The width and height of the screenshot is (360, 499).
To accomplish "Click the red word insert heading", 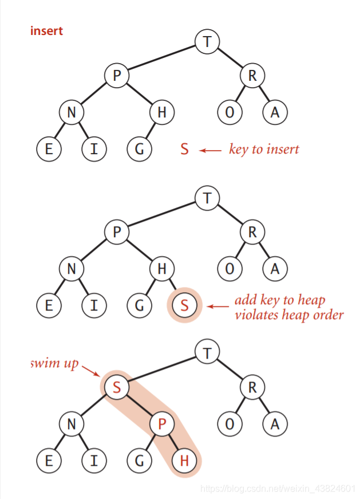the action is click(x=46, y=30).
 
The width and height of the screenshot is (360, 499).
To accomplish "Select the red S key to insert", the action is click(x=184, y=150).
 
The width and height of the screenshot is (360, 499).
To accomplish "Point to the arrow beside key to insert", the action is click(x=210, y=150).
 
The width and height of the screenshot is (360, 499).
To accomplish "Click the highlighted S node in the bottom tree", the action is click(x=117, y=387).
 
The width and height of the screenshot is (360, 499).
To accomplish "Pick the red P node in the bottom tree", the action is click(x=162, y=424).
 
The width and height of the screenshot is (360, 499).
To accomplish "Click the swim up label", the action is click(x=54, y=364).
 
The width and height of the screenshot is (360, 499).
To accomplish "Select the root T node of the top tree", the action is click(x=207, y=41).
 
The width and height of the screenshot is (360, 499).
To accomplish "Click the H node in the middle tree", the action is click(x=162, y=268).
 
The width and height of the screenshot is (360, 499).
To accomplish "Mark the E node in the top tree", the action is click(x=49, y=150).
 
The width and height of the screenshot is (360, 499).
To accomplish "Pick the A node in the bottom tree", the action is click(x=275, y=424).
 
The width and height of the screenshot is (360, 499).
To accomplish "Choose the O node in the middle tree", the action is click(x=230, y=268).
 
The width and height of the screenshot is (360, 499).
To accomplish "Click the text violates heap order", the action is click(x=289, y=314).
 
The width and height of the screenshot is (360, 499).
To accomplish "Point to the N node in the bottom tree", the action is click(x=71, y=424).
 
